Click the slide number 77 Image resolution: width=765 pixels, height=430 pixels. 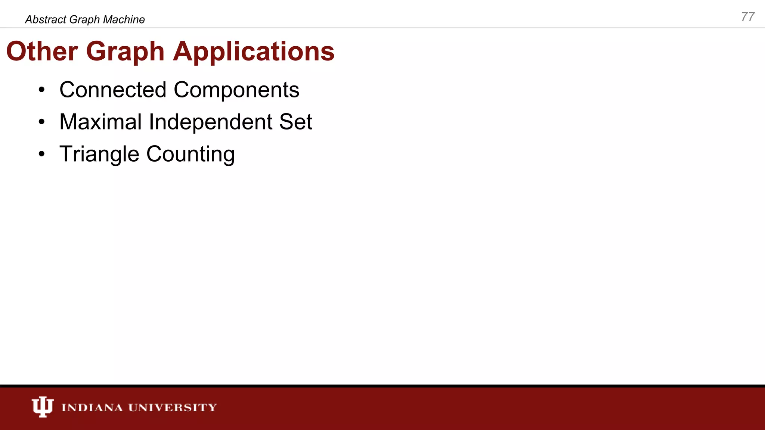(748, 17)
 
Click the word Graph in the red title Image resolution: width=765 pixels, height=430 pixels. (125, 52)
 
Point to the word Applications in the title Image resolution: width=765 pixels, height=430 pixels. (254, 52)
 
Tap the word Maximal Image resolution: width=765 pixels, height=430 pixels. (100, 122)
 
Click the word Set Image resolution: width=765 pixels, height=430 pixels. (295, 122)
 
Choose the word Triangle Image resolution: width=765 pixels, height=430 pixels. (99, 154)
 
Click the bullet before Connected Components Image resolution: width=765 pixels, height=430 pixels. (41, 90)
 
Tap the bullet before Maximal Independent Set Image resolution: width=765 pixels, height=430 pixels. (41, 122)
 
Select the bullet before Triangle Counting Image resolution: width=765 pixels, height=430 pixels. (41, 154)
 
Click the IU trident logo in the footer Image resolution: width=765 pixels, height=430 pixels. (43, 406)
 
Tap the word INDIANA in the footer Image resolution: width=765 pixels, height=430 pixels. (92, 407)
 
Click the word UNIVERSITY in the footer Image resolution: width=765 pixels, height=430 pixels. (173, 407)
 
